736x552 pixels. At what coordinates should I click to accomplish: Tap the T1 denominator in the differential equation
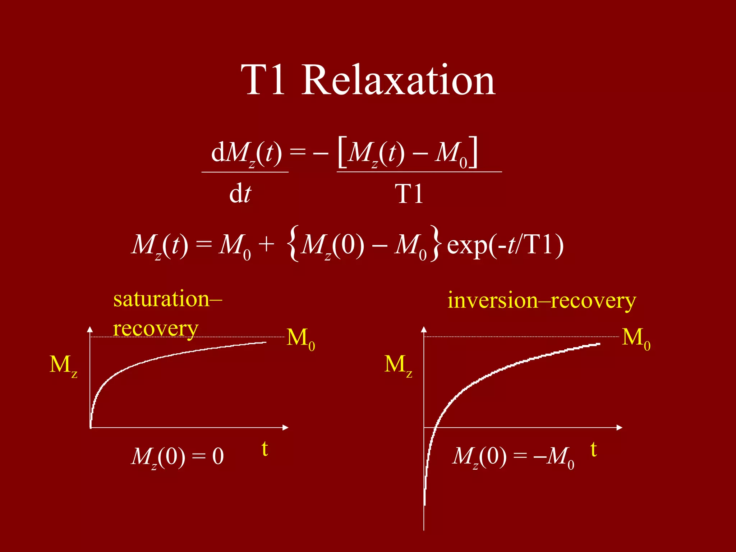tap(409, 194)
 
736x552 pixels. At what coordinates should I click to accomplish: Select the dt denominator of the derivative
tap(240, 194)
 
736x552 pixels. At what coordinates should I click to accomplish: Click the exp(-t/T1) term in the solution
tap(505, 245)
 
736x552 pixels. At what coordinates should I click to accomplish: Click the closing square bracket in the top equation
tap(474, 152)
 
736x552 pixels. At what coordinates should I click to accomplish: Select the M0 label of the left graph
tap(301, 339)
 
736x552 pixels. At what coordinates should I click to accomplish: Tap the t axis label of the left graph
tap(265, 449)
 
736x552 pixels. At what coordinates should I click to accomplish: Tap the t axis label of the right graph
tap(594, 450)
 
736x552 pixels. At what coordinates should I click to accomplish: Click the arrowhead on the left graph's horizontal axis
tap(286, 428)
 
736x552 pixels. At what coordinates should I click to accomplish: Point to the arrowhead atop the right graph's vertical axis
tap(424, 329)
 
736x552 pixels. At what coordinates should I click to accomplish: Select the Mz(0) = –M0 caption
tap(513, 457)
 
